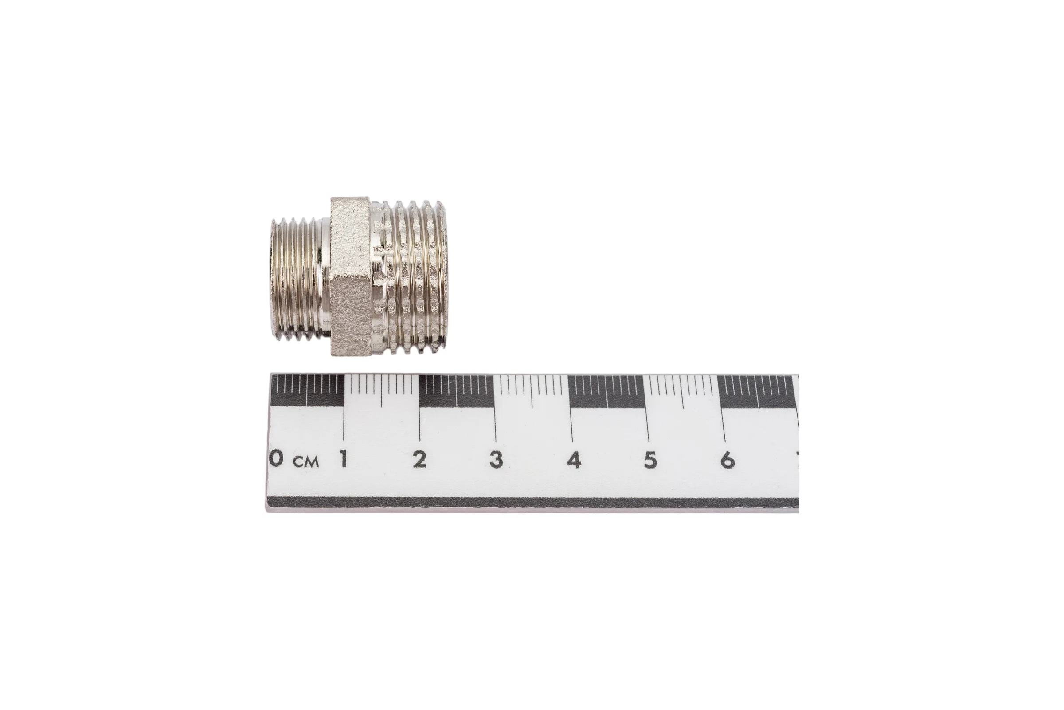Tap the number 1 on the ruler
pyautogui.click(x=344, y=459)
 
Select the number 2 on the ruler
pyautogui.click(x=420, y=460)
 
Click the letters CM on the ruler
pyautogui.click(x=306, y=461)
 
